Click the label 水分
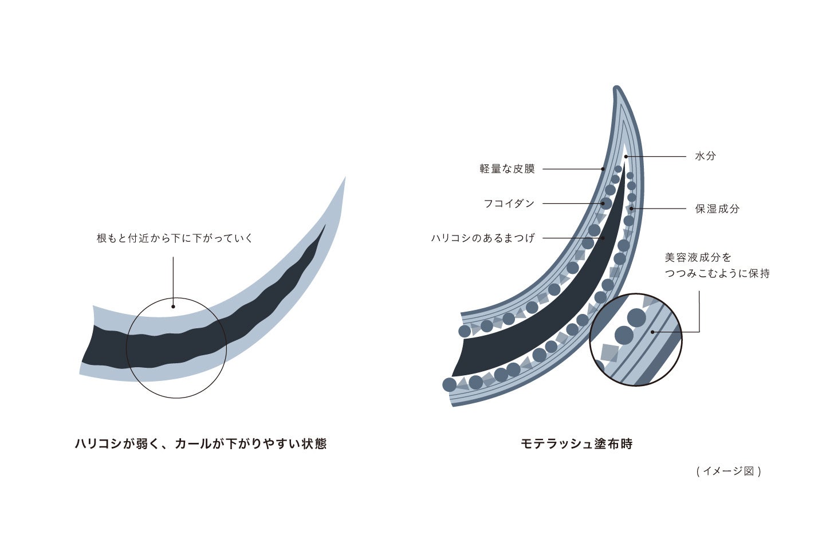pos(705,156)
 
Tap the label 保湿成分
pos(717,209)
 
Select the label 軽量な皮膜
pos(507,169)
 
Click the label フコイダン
pos(509,203)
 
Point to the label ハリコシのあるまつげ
pos(483,238)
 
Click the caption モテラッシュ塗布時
pos(576,443)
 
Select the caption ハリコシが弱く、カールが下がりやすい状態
pos(200,443)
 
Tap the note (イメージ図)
pos(729,471)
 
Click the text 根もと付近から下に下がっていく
pos(175,238)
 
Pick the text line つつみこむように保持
pos(717,273)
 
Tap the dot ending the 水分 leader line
pos(626,156)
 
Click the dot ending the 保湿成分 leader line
pos(631,209)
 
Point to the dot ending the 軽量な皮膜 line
pos(603,169)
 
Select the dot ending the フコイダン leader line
pos(603,203)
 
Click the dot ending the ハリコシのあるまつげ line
pos(603,238)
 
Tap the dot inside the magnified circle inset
pos(652,332)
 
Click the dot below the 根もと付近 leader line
pos(173,306)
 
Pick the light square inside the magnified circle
pos(609,352)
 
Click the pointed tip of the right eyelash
pos(616,89)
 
